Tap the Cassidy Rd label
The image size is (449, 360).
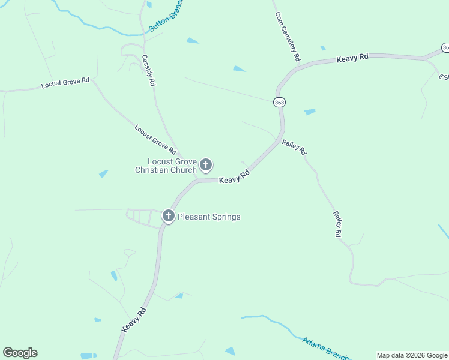(148, 71)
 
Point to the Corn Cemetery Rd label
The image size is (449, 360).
(287, 37)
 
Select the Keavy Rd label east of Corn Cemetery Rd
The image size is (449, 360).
(352, 58)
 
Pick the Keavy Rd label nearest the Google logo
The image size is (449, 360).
(134, 320)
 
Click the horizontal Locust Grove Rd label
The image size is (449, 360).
(65, 83)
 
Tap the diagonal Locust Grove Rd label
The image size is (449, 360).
(155, 139)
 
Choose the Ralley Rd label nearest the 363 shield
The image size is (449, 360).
(294, 148)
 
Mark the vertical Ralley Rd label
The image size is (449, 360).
(337, 224)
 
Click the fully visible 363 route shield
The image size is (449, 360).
(279, 103)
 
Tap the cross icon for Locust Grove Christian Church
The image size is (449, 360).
(206, 164)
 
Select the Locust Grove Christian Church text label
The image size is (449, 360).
(166, 166)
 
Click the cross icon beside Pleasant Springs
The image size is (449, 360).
(169, 216)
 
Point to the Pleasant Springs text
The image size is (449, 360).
(209, 217)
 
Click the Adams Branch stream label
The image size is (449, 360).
(325, 348)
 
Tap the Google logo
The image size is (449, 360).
(20, 353)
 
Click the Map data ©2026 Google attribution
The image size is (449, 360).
(412, 355)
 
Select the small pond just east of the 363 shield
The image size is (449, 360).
(310, 112)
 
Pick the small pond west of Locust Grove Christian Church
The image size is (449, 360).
(103, 174)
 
